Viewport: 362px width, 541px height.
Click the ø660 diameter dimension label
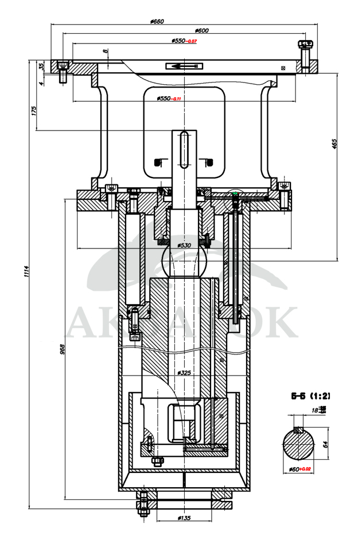pyautogui.click(x=157, y=21)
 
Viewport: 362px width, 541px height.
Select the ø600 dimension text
pyautogui.click(x=202, y=31)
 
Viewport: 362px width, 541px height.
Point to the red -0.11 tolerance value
pyautogui.click(x=176, y=99)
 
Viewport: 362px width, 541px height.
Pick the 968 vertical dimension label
pyautogui.click(x=62, y=347)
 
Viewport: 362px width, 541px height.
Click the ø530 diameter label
pyautogui.click(x=184, y=245)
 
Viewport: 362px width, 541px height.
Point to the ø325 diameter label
pyautogui.click(x=184, y=373)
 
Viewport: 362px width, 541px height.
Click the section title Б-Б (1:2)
pyautogui.click(x=310, y=396)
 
